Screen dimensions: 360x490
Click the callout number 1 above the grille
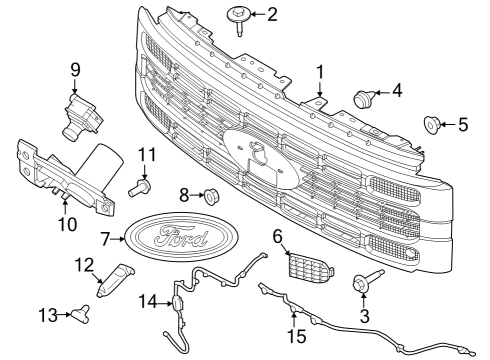tap(320, 72)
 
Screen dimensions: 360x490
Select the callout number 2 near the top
tap(272, 14)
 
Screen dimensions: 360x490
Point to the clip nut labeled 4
tap(365, 99)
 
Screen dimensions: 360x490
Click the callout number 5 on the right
tap(463, 125)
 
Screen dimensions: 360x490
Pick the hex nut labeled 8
tap(211, 192)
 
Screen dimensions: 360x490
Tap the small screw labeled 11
tap(141, 184)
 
